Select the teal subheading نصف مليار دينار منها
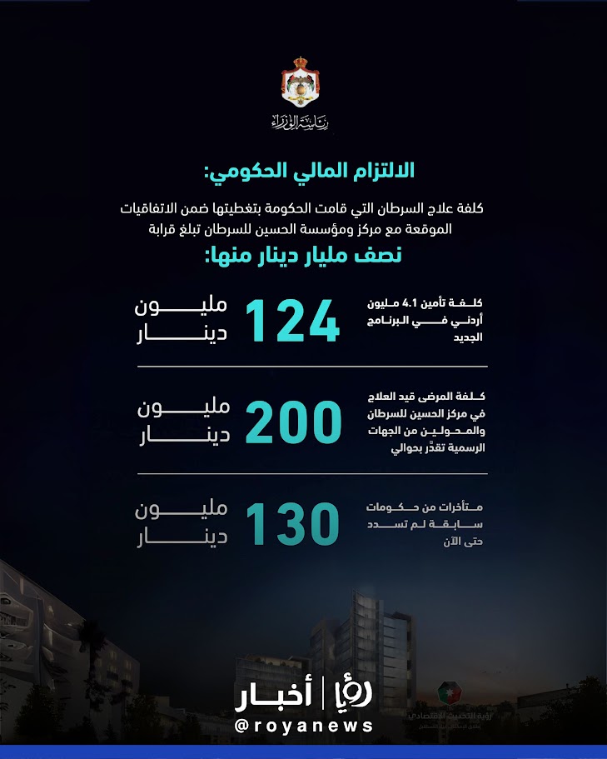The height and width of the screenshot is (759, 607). (x=303, y=256)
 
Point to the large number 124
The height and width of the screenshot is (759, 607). (x=292, y=320)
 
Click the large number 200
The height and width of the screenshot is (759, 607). (x=293, y=422)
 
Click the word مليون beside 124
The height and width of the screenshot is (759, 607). (x=182, y=307)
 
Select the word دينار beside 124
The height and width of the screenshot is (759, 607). (x=182, y=335)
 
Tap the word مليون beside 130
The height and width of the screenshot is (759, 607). (x=182, y=510)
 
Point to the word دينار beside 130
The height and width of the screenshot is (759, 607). (x=182, y=539)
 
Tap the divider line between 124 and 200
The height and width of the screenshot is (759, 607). (x=304, y=367)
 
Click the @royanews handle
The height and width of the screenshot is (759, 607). (x=304, y=727)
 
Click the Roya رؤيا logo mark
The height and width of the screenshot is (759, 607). (x=351, y=693)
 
